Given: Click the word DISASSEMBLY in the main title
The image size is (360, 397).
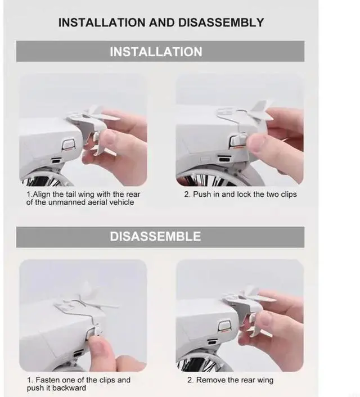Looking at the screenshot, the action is (x=221, y=22).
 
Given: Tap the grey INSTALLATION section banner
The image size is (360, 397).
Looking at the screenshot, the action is (x=160, y=51).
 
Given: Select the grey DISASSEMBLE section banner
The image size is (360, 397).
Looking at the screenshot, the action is (x=160, y=237).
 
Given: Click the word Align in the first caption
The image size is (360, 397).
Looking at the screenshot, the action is (x=42, y=195).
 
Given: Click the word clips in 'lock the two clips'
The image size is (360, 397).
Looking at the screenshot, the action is (x=289, y=195).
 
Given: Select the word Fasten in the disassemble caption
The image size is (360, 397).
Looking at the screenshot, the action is (x=48, y=380).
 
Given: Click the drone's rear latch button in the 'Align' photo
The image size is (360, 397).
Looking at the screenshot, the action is (x=69, y=145).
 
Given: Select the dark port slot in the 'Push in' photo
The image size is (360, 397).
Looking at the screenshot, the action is (x=224, y=159).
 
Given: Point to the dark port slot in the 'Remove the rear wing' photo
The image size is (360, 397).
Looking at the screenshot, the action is (x=212, y=341).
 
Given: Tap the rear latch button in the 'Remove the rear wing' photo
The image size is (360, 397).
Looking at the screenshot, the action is (x=224, y=327).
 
